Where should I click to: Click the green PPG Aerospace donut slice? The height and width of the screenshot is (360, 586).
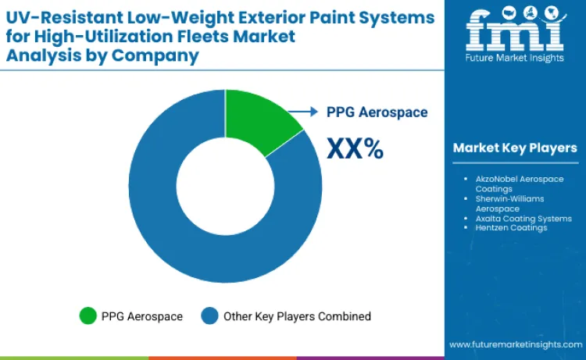tap(258, 117)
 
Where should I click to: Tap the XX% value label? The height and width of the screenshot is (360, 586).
tap(354, 148)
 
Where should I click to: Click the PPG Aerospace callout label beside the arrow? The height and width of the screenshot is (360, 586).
tap(377, 112)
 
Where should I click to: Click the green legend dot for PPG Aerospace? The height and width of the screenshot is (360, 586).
tap(88, 315)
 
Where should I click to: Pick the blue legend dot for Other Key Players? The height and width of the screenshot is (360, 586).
tap(210, 315)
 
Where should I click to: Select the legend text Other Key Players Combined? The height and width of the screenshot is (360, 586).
tap(297, 316)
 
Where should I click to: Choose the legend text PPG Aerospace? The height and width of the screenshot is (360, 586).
tap(141, 316)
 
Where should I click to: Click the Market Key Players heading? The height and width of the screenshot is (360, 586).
tap(514, 148)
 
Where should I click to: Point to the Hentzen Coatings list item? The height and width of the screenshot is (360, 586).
tap(511, 228)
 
